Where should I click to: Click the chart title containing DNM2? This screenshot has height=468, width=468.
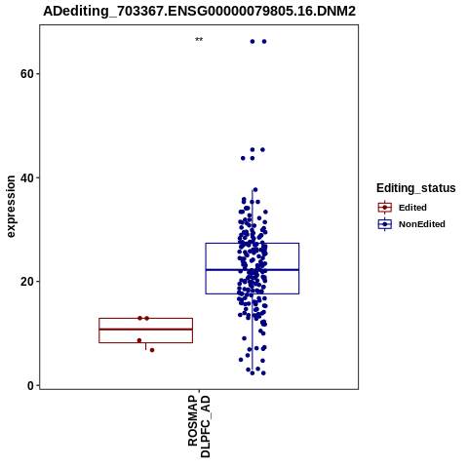199,11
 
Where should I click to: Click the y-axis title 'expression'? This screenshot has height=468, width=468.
11,207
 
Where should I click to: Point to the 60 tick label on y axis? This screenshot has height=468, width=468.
27,74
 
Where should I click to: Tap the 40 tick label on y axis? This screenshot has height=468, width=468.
27,177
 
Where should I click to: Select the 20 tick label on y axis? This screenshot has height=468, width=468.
27,282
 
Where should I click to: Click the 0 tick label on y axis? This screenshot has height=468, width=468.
30,385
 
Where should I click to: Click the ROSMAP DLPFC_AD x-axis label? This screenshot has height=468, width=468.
199,426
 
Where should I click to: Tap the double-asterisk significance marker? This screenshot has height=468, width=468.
199,40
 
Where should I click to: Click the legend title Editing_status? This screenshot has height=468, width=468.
416,188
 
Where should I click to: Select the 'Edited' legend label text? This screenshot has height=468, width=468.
412,208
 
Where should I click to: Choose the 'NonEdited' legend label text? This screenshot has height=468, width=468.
422,224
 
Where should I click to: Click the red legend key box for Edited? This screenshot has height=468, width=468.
385,208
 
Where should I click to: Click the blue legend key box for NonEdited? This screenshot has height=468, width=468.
385,224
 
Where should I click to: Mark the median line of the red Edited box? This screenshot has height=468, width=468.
146,330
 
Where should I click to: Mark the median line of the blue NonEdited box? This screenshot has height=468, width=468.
253,270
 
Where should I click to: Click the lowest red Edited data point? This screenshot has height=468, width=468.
152,350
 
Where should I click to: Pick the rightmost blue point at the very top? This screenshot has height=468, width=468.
264,41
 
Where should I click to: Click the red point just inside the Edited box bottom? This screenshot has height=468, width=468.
139,340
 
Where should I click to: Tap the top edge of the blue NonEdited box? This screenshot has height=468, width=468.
253,243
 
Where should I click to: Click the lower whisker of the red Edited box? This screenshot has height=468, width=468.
145,346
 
